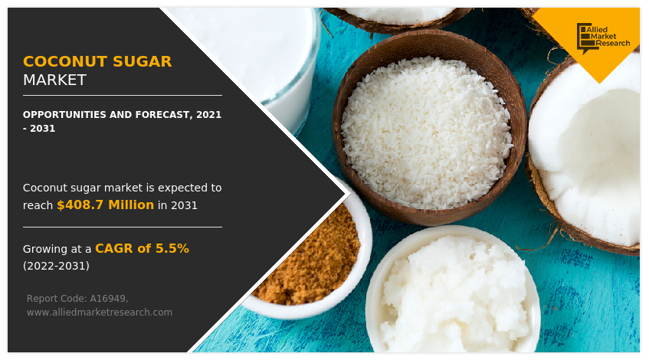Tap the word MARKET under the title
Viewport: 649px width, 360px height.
[54, 80]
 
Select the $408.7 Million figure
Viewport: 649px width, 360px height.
[105, 205]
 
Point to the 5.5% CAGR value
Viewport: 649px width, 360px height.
[172, 248]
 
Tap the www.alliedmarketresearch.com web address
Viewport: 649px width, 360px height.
[99, 312]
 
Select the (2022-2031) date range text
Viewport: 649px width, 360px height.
[56, 266]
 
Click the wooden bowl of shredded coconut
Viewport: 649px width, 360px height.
[428, 130]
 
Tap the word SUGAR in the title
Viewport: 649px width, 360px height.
[143, 61]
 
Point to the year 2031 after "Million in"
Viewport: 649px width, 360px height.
[184, 205]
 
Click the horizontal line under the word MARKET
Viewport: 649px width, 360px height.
[122, 96]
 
